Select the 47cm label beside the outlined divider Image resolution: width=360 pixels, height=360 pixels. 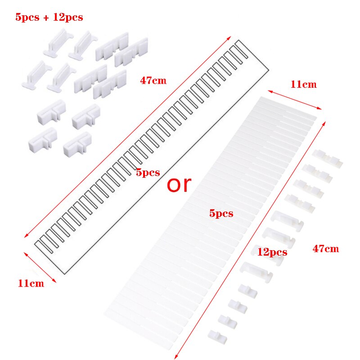[x=153, y=81]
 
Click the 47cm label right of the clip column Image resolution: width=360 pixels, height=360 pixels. [x=325, y=249]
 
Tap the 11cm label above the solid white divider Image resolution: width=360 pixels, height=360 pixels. [x=303, y=84]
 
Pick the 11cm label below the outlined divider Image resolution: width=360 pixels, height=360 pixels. [x=31, y=284]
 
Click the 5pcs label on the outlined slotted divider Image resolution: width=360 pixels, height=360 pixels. [x=148, y=173]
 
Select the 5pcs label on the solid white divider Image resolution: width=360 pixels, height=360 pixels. [x=221, y=214]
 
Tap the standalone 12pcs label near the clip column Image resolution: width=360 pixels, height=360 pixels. [x=272, y=252]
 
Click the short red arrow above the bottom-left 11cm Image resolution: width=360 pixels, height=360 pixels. [x=40, y=267]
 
